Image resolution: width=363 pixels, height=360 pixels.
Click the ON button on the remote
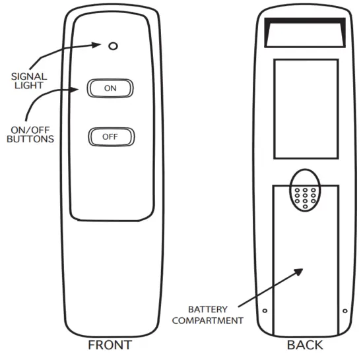[x=111, y=88]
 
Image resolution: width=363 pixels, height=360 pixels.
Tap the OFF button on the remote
[x=111, y=137]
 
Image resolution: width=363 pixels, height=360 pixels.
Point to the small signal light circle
[x=113, y=46]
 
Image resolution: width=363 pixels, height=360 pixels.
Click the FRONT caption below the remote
[x=110, y=345]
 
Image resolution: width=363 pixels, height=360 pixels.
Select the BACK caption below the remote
[x=305, y=345]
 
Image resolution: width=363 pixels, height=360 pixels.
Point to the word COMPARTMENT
[x=206, y=320]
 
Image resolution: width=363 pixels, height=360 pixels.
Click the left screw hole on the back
[x=264, y=311]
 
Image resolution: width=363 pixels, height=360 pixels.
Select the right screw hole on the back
[x=345, y=311]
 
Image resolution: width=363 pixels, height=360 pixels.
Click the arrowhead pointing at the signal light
[x=98, y=46]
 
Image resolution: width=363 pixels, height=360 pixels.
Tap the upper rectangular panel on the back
[x=306, y=109]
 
